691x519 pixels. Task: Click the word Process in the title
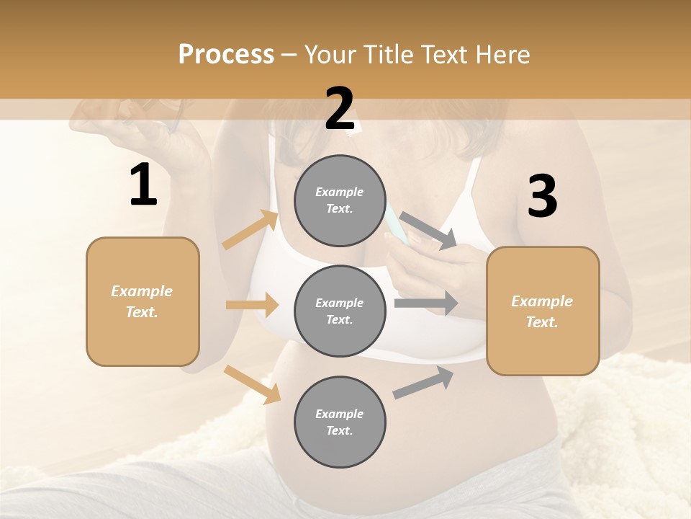[226, 55]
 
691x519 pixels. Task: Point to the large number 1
[143, 185]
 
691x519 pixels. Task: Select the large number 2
[340, 109]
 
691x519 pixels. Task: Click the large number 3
[542, 197]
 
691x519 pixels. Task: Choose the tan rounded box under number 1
[143, 301]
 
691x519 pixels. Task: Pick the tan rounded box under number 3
[543, 311]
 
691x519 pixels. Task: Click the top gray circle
[340, 200]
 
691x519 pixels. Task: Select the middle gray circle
[340, 311]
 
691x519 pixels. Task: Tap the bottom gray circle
[340, 422]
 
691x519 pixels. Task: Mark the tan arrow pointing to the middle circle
[252, 305]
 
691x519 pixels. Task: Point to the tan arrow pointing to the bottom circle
[252, 384]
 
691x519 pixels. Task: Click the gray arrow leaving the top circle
[428, 230]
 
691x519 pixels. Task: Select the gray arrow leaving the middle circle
[426, 303]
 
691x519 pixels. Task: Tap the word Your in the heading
[330, 55]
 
